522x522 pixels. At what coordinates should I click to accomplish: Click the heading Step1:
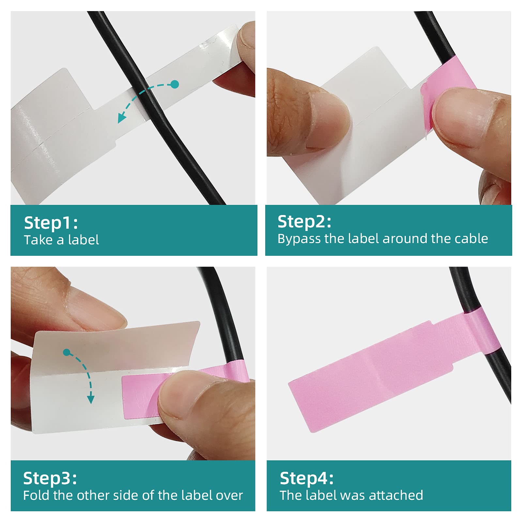click(51, 223)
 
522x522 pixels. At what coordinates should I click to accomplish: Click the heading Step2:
click(304, 222)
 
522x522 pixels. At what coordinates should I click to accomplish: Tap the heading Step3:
click(50, 479)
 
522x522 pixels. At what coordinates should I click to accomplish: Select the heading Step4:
click(307, 479)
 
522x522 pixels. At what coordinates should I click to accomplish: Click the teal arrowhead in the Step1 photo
click(122, 118)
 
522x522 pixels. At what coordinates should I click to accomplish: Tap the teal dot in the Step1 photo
click(175, 84)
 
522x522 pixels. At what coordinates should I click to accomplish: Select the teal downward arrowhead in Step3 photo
click(91, 399)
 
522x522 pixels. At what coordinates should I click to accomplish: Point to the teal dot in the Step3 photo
click(67, 352)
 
